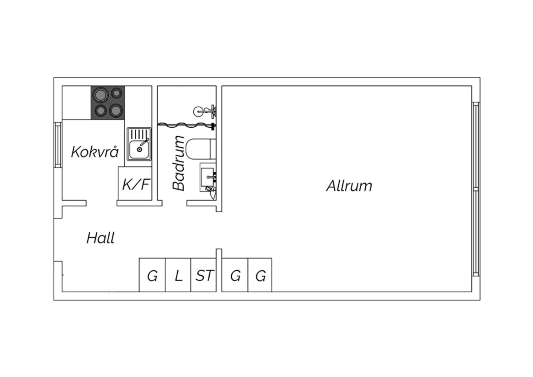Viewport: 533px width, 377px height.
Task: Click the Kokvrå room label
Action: tap(95, 152)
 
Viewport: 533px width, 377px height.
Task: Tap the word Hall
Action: tap(101, 238)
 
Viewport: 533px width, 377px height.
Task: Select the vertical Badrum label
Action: tap(178, 163)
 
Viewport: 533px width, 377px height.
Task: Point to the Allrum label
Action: tap(349, 186)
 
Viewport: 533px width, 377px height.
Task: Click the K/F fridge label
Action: tap(136, 184)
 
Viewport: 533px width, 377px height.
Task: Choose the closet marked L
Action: tap(178, 275)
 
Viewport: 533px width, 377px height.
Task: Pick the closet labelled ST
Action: tap(204, 275)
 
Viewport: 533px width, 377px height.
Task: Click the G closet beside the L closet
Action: tap(152, 275)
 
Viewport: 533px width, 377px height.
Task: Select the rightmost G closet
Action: tap(260, 275)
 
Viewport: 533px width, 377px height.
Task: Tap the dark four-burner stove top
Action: tap(108, 103)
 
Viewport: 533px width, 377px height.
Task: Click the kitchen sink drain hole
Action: tap(139, 150)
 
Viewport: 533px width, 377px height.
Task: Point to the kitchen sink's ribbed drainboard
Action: tap(139, 134)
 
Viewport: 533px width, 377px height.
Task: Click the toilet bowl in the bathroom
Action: tap(198, 149)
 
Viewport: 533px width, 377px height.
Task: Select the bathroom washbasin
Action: tap(208, 177)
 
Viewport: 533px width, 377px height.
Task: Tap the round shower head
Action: tap(198, 111)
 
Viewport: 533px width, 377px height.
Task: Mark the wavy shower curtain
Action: tap(185, 125)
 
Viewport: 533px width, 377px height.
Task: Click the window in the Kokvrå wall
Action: tap(58, 145)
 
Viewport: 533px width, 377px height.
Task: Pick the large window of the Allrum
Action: tap(476, 189)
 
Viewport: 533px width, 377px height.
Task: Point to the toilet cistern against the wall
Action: tap(213, 149)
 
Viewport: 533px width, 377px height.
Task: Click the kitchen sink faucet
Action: tap(144, 142)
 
